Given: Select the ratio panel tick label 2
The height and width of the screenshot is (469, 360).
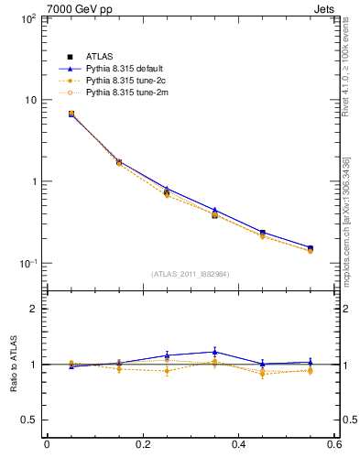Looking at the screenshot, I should tap(33, 310).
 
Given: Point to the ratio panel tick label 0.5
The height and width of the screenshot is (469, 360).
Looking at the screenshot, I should tap(28, 420).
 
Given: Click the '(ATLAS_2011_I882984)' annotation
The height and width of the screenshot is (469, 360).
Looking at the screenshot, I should tap(191, 274).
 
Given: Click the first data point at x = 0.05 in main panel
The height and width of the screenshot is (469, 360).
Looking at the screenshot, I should tap(71, 115).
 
